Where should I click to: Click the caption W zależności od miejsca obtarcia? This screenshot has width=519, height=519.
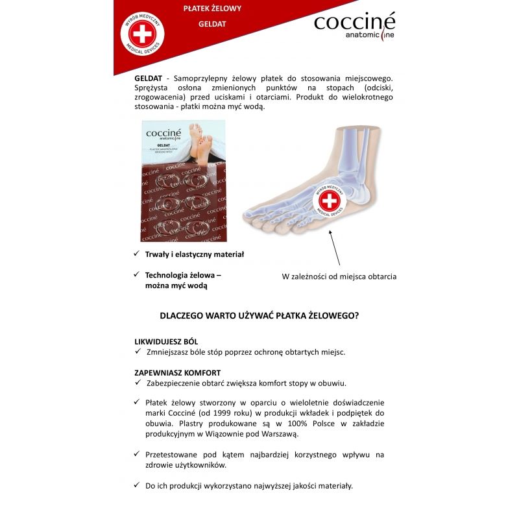tap(339, 276)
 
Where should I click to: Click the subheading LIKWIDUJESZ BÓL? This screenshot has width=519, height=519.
tap(166, 341)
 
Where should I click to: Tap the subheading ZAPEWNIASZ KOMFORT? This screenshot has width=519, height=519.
tap(177, 372)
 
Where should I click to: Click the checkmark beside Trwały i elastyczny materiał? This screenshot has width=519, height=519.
tap(137, 254)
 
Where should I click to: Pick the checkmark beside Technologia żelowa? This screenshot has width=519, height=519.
tap(137, 274)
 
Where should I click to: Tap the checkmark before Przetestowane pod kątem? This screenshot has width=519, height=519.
tap(137, 454)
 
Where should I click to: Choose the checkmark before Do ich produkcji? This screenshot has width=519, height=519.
tap(137, 485)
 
